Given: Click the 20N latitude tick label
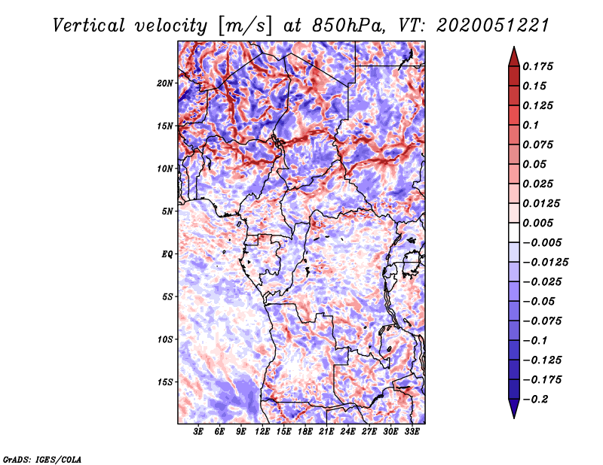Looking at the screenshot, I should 166,83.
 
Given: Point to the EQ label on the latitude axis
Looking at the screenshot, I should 167,254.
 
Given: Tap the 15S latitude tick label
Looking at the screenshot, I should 166,381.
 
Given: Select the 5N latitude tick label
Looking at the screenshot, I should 168,211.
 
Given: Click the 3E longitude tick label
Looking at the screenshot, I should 199,433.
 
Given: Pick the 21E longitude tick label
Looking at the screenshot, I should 326,433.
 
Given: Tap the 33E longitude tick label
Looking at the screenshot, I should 412,433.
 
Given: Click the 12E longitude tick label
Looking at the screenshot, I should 262,433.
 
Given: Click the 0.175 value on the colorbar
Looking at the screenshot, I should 539,66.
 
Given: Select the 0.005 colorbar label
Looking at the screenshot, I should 539,223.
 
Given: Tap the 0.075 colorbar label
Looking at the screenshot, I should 539,144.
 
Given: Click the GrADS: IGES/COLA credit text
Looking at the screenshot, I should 41,458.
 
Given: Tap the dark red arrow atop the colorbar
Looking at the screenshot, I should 513,54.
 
